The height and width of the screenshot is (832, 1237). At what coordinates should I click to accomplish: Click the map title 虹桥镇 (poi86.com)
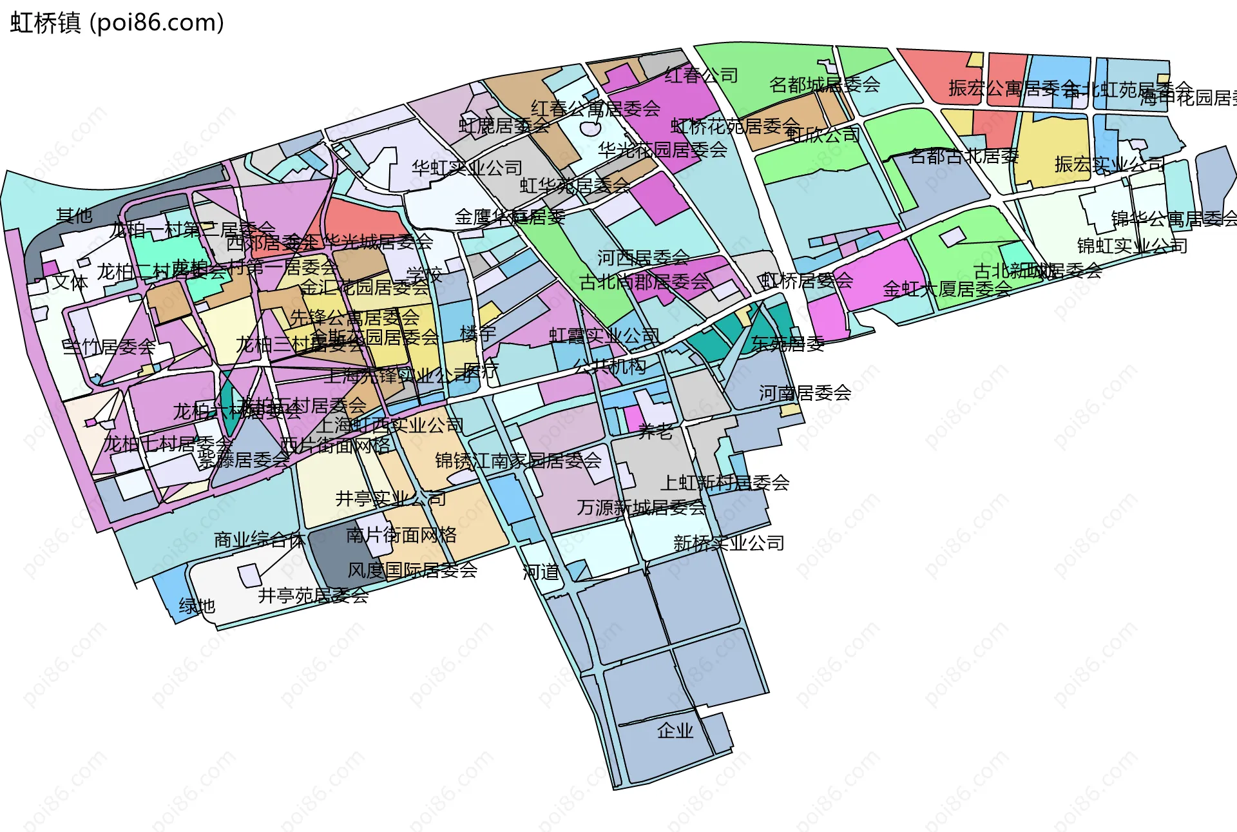point(117,23)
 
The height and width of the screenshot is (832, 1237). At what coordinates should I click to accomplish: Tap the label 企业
point(675,730)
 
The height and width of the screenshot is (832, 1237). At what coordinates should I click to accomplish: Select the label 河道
point(541,572)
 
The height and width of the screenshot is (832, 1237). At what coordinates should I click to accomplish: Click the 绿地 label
point(197,606)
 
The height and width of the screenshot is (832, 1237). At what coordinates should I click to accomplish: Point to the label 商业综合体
point(259,539)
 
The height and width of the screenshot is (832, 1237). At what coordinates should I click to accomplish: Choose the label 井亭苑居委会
point(313,595)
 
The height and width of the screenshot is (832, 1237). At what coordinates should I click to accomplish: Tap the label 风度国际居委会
point(412,570)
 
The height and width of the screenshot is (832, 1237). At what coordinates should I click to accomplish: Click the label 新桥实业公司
point(729,543)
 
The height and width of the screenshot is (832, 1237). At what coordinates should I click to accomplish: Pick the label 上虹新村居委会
point(725,483)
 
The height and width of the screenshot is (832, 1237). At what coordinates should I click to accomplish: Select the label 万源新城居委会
point(641,508)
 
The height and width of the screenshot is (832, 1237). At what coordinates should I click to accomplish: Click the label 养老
point(655,432)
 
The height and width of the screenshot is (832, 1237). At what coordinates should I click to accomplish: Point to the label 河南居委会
point(805,392)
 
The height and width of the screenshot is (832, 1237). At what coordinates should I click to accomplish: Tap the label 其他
point(74,215)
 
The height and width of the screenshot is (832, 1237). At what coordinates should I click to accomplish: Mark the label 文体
point(70,282)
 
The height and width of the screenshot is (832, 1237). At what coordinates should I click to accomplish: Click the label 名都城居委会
point(825,84)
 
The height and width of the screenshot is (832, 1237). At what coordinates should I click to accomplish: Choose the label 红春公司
point(701,75)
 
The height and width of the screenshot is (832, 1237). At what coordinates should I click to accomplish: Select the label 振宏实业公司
point(1109,164)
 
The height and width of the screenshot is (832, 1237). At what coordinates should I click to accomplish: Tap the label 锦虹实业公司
point(1132,246)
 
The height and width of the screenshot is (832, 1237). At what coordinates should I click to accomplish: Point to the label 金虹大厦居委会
point(946,289)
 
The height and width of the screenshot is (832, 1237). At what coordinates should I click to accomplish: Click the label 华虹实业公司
point(467,168)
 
